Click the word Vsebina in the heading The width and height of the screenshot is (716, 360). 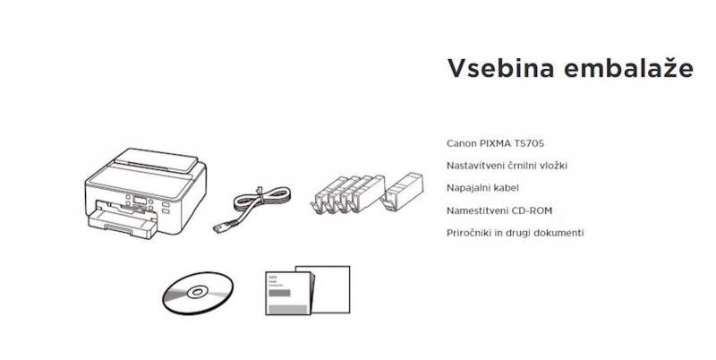(x=500, y=69)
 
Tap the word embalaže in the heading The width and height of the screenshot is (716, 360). (x=629, y=68)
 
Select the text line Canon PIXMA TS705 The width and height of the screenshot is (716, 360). (x=496, y=143)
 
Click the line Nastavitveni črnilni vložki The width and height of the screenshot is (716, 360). (x=507, y=166)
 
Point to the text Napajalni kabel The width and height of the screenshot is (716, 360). (x=482, y=188)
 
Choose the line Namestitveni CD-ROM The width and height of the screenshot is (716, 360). (x=499, y=210)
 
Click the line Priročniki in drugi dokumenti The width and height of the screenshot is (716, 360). (x=516, y=233)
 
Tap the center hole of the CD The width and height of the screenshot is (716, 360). (x=198, y=292)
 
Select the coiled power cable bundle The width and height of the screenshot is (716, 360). (x=261, y=199)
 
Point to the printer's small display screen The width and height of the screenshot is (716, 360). (x=140, y=201)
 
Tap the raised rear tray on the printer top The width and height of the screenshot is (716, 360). (x=156, y=160)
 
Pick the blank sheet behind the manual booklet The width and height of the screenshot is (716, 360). (x=328, y=288)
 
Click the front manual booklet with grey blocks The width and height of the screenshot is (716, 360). (x=287, y=294)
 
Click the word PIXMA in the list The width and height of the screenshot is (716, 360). (x=495, y=143)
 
